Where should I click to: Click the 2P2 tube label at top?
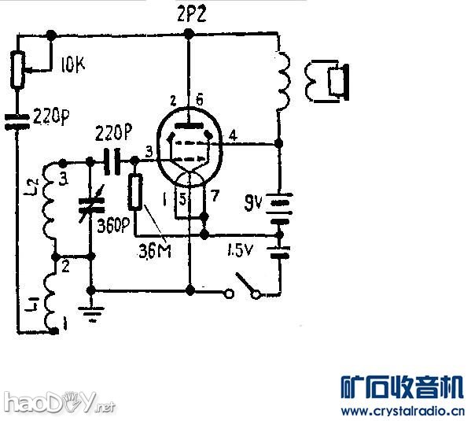(189, 13)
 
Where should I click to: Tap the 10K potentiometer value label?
(72, 66)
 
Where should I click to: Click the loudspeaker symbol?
(330, 82)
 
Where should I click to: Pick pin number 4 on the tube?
(233, 135)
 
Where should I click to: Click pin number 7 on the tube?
(216, 194)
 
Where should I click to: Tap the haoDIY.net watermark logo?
(58, 403)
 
